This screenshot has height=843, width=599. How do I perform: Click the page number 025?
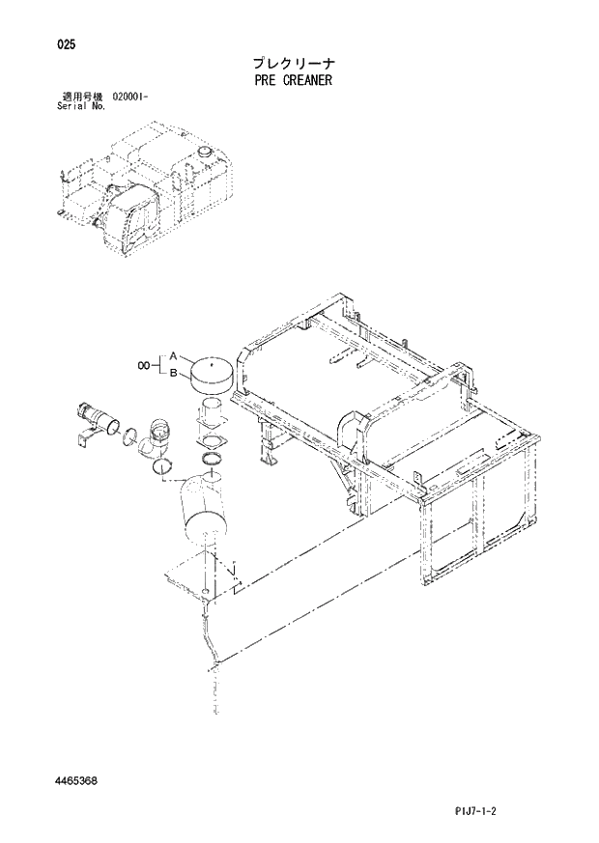click(67, 44)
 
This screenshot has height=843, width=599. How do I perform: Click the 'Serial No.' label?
click(82, 105)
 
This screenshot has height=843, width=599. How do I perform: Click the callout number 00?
click(144, 365)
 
